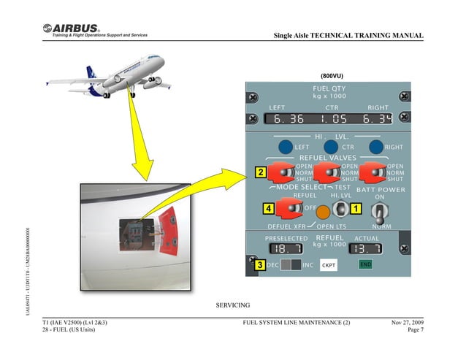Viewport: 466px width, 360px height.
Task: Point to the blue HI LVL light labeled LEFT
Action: point(286,145)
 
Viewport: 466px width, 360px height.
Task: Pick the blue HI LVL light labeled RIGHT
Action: point(377,145)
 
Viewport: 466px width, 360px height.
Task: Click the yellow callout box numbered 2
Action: point(260,173)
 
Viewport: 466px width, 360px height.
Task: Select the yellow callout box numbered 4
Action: point(270,209)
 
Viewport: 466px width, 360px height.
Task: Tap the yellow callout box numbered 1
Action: point(355,209)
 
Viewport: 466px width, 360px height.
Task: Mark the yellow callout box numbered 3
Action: point(259,264)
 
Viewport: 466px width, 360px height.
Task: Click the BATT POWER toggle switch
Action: point(378,212)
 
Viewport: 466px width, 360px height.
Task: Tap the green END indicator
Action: point(365,264)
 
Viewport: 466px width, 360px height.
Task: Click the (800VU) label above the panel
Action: point(332,76)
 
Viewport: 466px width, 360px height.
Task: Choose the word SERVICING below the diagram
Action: point(233,305)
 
